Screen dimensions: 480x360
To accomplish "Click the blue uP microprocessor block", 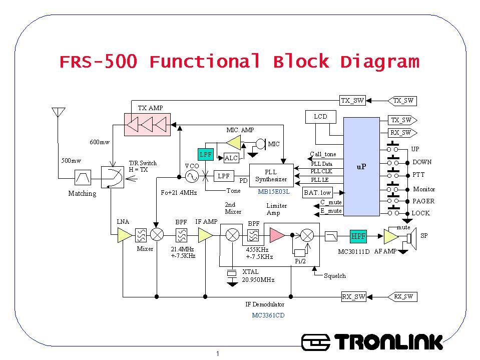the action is tap(361, 167).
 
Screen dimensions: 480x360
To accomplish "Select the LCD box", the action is tap(320, 117).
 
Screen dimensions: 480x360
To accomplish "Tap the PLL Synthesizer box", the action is tap(271, 175).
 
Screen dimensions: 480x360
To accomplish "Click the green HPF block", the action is tap(358, 236).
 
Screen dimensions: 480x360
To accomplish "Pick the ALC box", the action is tap(231, 158).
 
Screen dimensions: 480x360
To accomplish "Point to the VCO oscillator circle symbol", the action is tap(192, 176).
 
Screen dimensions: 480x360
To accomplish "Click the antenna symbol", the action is tap(58, 112).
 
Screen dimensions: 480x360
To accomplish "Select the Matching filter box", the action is tap(83, 177).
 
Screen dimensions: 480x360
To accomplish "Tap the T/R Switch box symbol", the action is tap(113, 177).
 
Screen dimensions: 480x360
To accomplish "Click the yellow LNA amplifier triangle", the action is tap(124, 236).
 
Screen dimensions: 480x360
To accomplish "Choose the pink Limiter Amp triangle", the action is tap(277, 235).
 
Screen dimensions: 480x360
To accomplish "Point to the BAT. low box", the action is tap(317, 193).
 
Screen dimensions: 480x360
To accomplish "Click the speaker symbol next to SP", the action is tap(412, 238).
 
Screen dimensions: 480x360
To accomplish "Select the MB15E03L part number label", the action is tap(274, 192).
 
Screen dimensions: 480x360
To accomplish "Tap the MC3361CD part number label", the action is tap(268, 315).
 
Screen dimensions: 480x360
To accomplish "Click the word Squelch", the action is tap(335, 276).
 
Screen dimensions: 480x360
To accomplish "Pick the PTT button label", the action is tap(418, 175).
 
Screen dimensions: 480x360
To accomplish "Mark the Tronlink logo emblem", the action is tap(316, 342).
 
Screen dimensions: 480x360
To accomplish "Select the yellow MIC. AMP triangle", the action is tap(234, 143).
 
